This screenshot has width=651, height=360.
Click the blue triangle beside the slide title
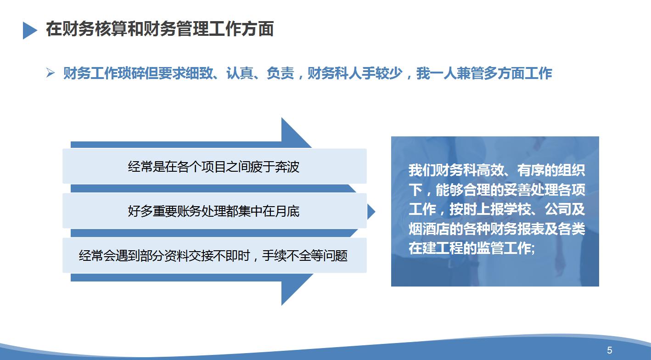coord(30,30)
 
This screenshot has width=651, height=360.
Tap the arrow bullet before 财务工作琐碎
coord(51,73)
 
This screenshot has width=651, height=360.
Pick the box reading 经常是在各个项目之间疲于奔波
coord(214,166)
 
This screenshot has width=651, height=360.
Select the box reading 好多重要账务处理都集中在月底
coord(214,211)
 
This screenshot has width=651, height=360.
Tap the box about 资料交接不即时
coord(214,255)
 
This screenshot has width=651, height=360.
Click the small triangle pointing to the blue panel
coord(371,212)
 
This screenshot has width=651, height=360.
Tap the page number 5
coord(609,350)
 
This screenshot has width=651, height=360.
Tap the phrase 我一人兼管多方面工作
coord(484,73)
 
